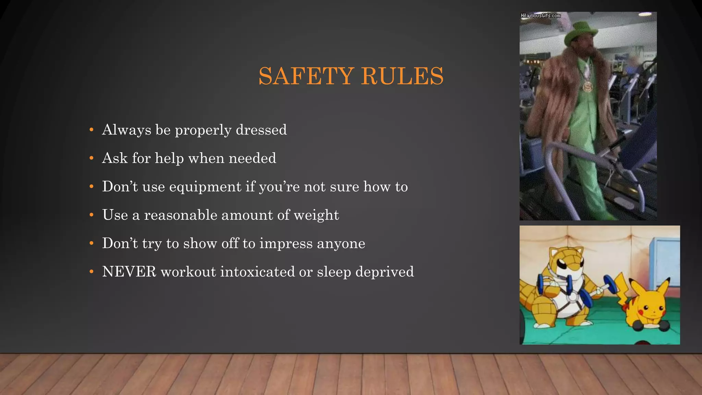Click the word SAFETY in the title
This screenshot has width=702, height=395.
click(306, 76)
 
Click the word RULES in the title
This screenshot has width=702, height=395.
click(402, 76)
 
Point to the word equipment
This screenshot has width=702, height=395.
click(205, 187)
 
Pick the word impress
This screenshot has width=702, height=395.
click(286, 243)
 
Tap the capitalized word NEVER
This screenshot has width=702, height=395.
click(129, 272)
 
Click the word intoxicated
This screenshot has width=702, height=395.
click(257, 272)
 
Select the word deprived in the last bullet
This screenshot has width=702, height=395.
click(385, 272)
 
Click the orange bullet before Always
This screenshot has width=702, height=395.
click(91, 130)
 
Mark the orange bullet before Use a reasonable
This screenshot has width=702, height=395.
click(91, 215)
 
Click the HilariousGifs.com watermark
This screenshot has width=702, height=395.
click(541, 15)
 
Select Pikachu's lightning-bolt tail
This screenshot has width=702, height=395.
click(621, 285)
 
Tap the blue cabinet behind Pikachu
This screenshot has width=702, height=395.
click(664, 262)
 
